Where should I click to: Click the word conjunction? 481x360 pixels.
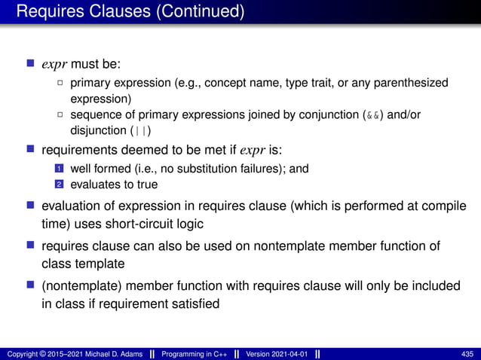320,115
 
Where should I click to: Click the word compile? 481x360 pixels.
444,206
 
